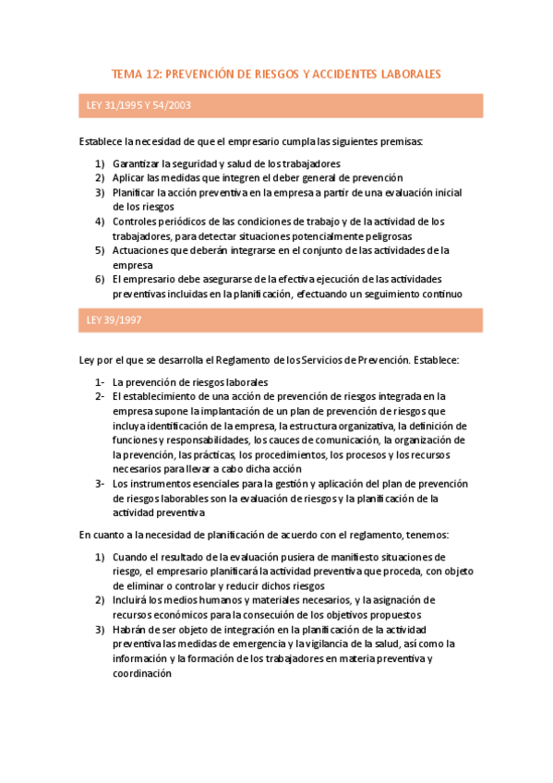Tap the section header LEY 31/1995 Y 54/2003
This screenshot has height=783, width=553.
(x=138, y=105)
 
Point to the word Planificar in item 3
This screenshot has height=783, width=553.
(x=135, y=192)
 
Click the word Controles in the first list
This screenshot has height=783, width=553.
(x=134, y=221)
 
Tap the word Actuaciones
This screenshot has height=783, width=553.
(x=140, y=249)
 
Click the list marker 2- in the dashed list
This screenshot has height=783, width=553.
(x=100, y=396)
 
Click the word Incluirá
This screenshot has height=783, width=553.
(x=131, y=599)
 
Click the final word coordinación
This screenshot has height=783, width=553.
(x=143, y=673)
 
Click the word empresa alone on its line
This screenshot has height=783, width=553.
(x=131, y=264)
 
